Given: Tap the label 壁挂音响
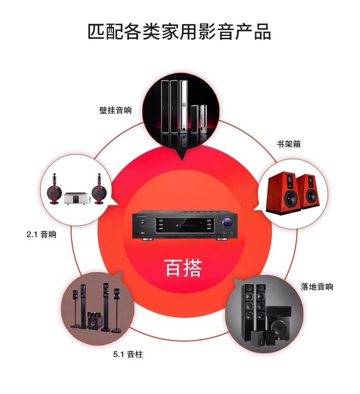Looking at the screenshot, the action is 115,110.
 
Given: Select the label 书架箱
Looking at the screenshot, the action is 288,144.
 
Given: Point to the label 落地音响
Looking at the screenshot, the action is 317,287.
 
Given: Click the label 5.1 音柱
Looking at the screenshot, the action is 128,354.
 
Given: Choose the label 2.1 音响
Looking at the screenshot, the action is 41,235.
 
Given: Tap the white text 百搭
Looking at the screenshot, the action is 182,268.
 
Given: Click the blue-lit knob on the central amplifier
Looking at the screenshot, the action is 226,223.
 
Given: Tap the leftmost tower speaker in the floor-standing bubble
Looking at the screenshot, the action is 249,311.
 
